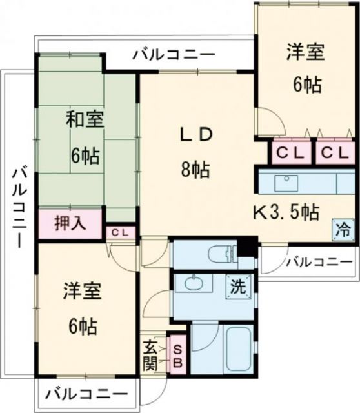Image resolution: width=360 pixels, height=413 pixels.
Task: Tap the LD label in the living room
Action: (x=195, y=135)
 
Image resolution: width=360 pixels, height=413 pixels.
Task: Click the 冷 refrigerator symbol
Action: (x=343, y=228)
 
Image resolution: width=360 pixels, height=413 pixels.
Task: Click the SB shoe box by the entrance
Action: (x=178, y=356)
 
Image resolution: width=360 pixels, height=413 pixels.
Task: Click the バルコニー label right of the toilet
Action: (x=319, y=262)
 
